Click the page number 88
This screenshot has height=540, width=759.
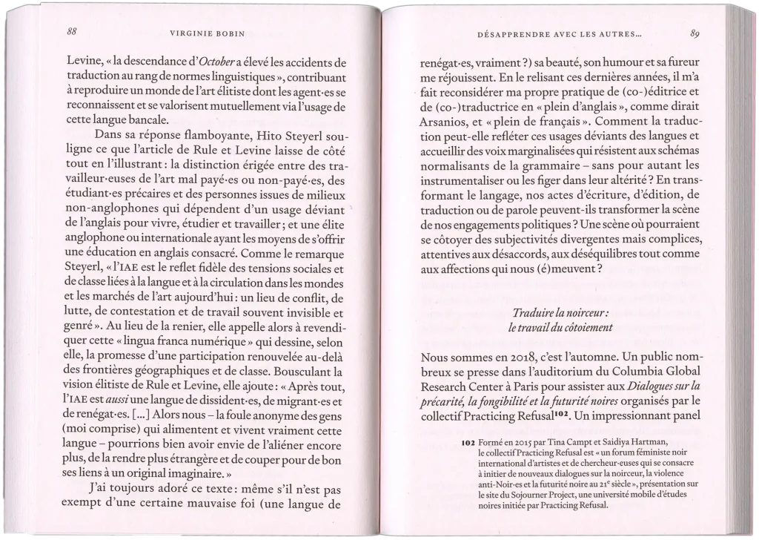coord(72,32)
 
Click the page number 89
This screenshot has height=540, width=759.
coord(695,33)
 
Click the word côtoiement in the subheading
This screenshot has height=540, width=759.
coord(585,326)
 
